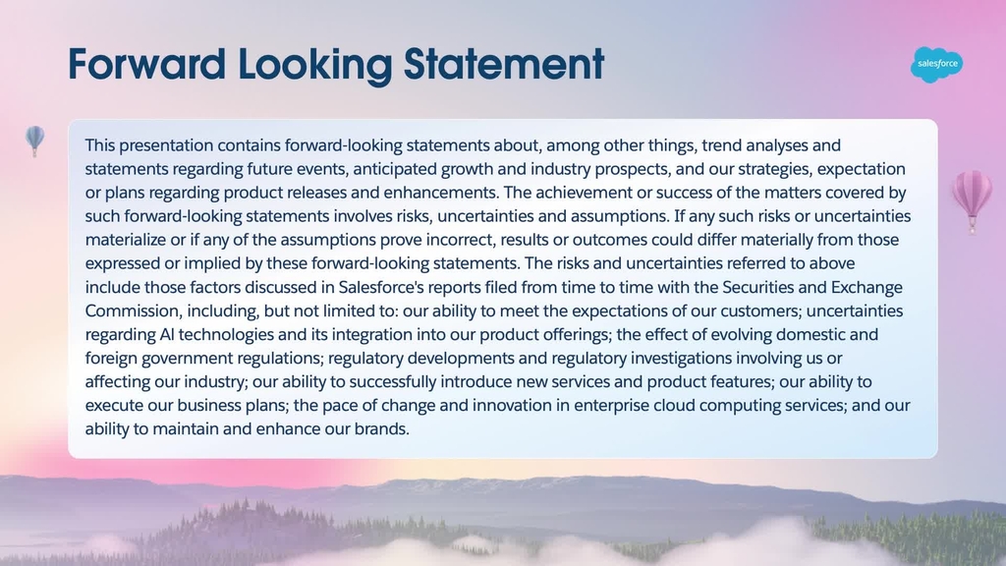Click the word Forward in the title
click(x=147, y=64)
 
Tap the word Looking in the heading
click(x=315, y=66)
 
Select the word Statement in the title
click(x=504, y=64)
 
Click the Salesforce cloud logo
click(x=936, y=64)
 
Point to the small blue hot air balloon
click(x=34, y=141)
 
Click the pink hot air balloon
click(x=972, y=199)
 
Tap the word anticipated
click(x=394, y=169)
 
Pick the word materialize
click(x=125, y=240)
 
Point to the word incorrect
click(x=460, y=240)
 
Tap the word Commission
click(x=132, y=311)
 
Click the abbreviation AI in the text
click(x=166, y=334)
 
